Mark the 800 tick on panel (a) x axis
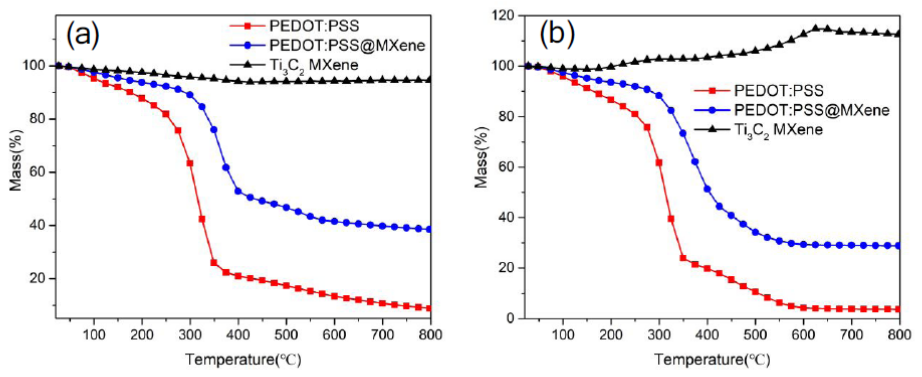430,335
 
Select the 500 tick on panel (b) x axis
755,335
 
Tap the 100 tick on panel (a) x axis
94,335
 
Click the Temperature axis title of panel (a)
243,359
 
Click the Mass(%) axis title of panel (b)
481,157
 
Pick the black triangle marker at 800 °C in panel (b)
898,34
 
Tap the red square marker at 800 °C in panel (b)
898,309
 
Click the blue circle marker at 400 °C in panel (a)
238,191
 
